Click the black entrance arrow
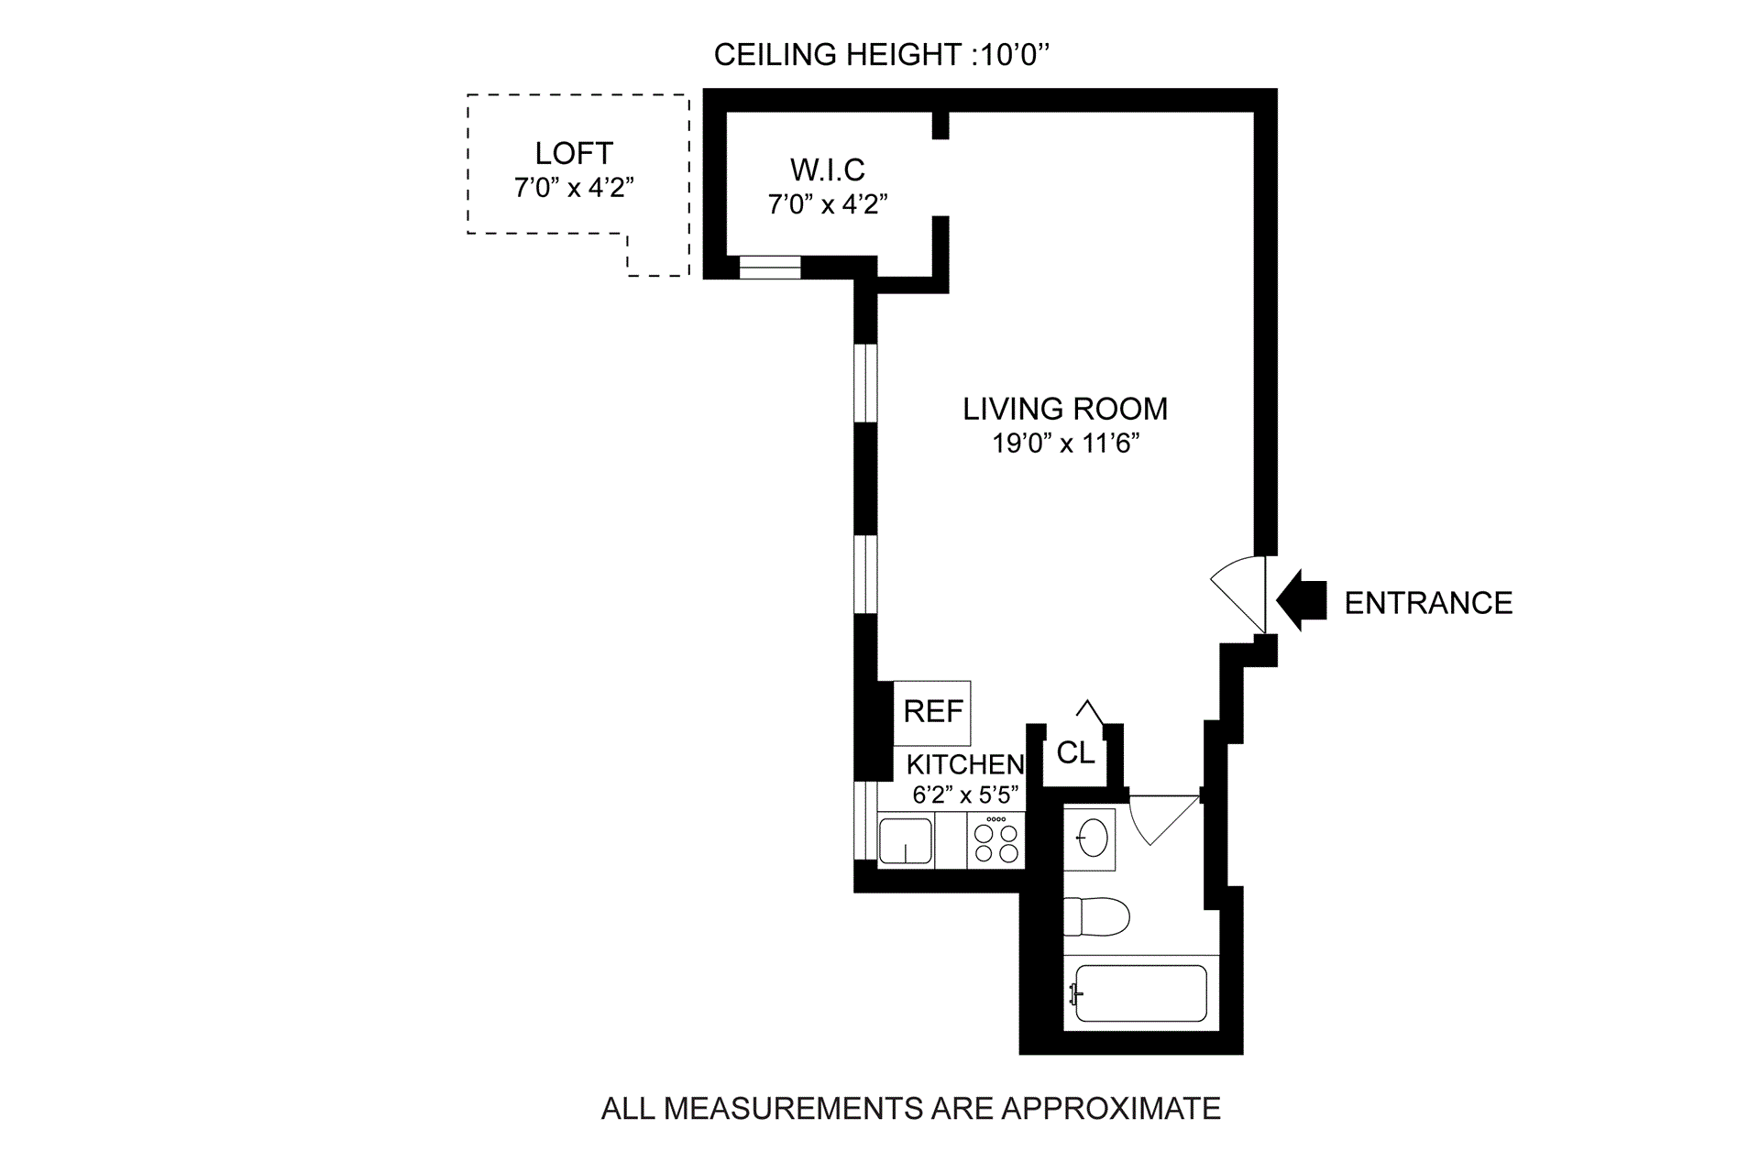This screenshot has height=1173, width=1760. [x=1301, y=601]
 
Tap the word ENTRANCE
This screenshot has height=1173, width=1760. [x=1428, y=603]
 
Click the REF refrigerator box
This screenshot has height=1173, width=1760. [x=932, y=712]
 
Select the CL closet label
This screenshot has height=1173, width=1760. [x=1075, y=753]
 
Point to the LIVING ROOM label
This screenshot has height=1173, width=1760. [x=1065, y=409]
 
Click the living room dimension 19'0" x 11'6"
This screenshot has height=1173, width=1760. [x=1065, y=444]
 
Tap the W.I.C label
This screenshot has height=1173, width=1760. [x=828, y=170]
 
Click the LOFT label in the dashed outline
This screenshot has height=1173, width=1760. [x=574, y=153]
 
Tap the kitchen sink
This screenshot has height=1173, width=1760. [x=906, y=841]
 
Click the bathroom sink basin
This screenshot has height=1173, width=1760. [x=1093, y=838]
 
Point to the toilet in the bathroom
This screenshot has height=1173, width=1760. [x=1096, y=916]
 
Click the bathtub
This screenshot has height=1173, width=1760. [x=1141, y=993]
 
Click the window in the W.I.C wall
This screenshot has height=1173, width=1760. [x=770, y=267]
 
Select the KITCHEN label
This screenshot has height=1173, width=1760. [x=965, y=764]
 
